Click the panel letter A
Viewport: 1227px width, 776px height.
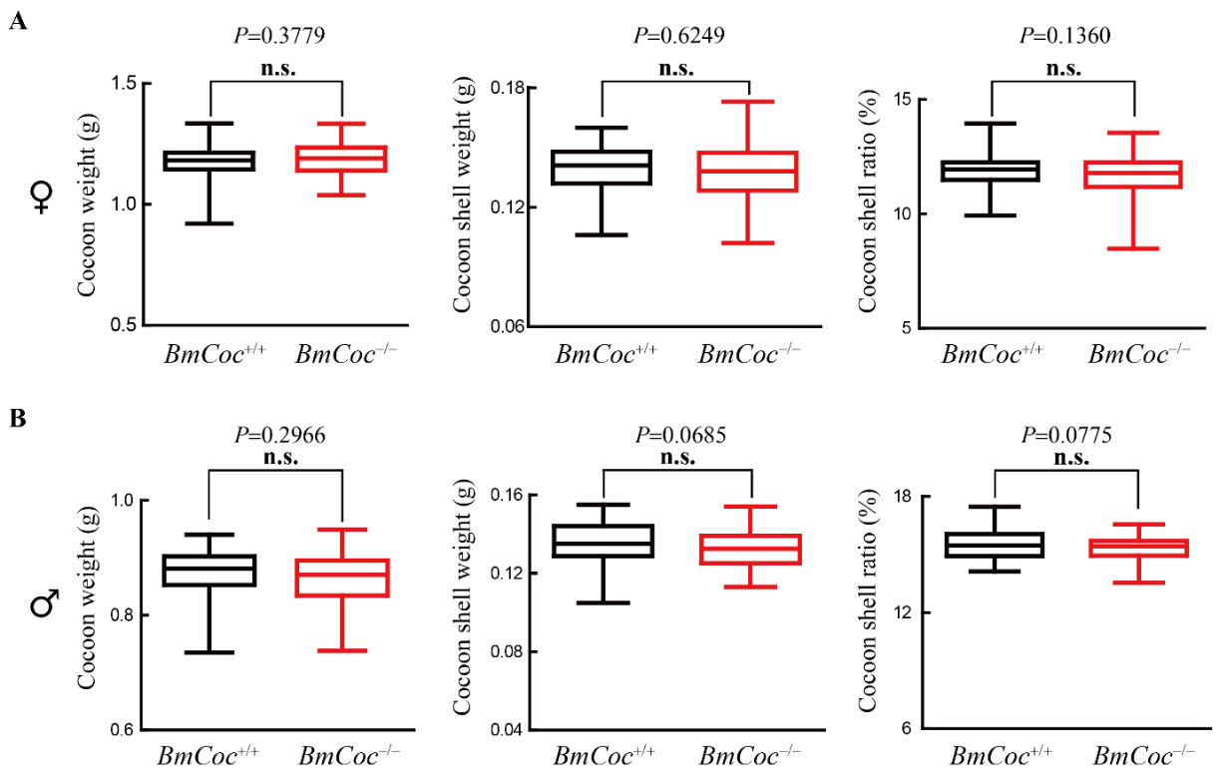[x=17, y=23]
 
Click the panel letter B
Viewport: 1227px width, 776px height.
[x=17, y=420]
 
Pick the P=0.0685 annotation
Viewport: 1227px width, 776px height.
[x=678, y=435]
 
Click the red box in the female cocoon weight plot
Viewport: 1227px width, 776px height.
[x=342, y=159]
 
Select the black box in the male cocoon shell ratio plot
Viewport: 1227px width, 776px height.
[x=993, y=545]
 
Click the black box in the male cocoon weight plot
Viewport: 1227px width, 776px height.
[x=210, y=570]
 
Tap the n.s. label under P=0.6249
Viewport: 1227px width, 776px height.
[x=676, y=69]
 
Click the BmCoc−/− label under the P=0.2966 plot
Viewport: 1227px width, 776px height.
[x=341, y=753]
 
